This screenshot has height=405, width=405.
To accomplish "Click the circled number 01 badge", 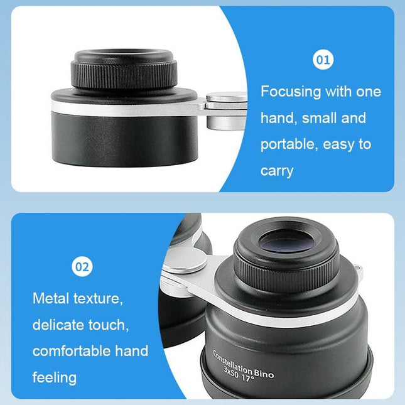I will (323, 60).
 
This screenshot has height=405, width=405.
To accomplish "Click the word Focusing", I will (290, 92).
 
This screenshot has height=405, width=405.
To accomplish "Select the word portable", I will (288, 144).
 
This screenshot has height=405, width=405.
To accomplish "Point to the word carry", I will (277, 171).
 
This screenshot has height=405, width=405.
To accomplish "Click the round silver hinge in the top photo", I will (227, 99).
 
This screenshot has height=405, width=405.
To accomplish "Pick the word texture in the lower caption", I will (97, 298).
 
